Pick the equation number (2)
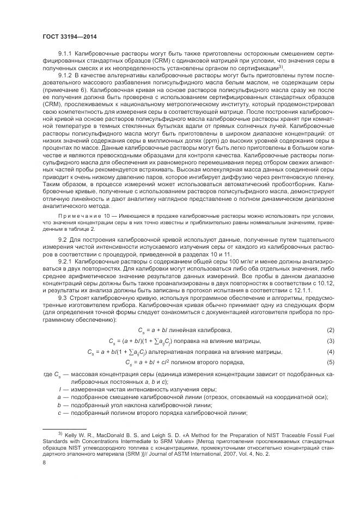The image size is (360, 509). coord(330,331)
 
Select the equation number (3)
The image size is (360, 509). coord(330,341)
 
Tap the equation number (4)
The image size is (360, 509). coord(330,352)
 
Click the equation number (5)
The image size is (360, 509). coord(330,363)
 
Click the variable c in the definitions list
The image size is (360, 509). coord(59,413)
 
